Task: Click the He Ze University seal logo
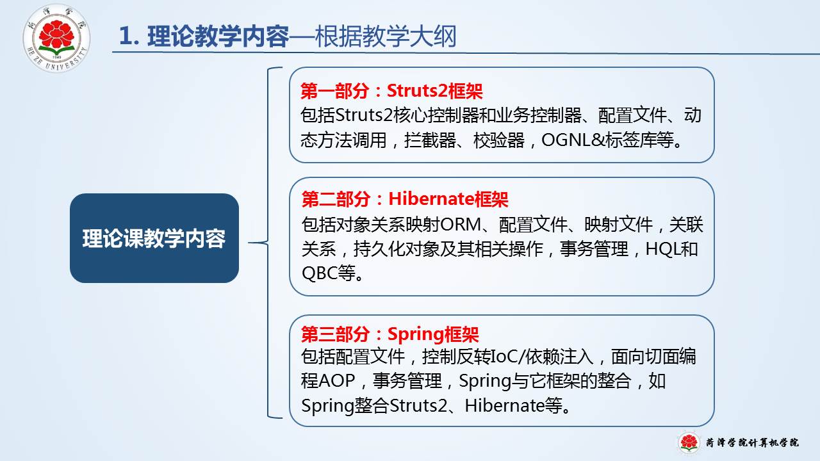pyautogui.click(x=56, y=38)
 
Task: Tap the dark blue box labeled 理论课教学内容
pyautogui.click(x=154, y=238)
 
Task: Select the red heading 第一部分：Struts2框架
pyautogui.click(x=391, y=91)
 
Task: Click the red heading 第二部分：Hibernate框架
pyautogui.click(x=404, y=199)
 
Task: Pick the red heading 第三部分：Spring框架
pyautogui.click(x=390, y=334)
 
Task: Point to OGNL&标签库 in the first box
pyautogui.click(x=607, y=140)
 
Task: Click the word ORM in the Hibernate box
pyautogui.click(x=461, y=225)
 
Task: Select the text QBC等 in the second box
pyautogui.click(x=328, y=273)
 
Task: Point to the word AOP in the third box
pyautogui.click(x=336, y=380)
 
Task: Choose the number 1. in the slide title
pyautogui.click(x=129, y=36)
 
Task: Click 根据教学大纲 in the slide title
pyautogui.click(x=386, y=36)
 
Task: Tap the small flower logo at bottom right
pyautogui.click(x=689, y=442)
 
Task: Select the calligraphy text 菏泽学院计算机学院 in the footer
pyautogui.click(x=752, y=442)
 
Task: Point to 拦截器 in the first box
pyautogui.click(x=430, y=140)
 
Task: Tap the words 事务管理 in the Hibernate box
pyautogui.click(x=594, y=249)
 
